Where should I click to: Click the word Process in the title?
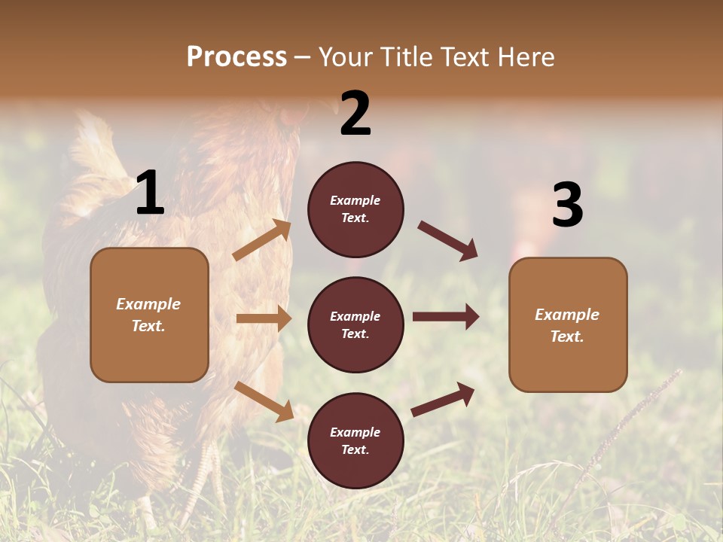tap(236, 57)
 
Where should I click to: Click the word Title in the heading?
tap(407, 57)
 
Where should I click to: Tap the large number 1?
tap(150, 193)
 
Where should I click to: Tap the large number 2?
tap(355, 114)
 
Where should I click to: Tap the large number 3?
tap(567, 206)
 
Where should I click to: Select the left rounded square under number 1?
tap(149, 315)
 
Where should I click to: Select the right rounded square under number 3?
tap(568, 325)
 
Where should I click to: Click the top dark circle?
tap(355, 209)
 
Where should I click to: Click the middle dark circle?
tap(355, 325)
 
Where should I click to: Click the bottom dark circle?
tap(355, 441)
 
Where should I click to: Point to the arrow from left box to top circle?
tap(262, 239)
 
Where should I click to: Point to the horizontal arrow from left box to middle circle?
tap(264, 318)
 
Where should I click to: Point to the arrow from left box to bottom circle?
tap(264, 401)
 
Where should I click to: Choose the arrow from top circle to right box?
tap(448, 241)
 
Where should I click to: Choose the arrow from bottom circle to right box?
tap(443, 400)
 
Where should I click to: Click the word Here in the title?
tap(525, 57)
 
